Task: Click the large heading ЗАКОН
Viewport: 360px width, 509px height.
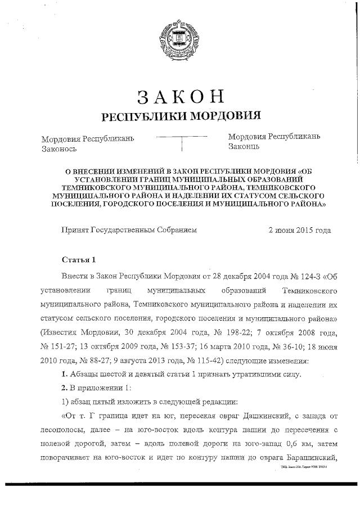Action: (179, 96)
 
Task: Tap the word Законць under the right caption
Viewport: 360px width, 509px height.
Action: (244, 147)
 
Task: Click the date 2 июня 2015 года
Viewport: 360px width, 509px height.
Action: (299, 230)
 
